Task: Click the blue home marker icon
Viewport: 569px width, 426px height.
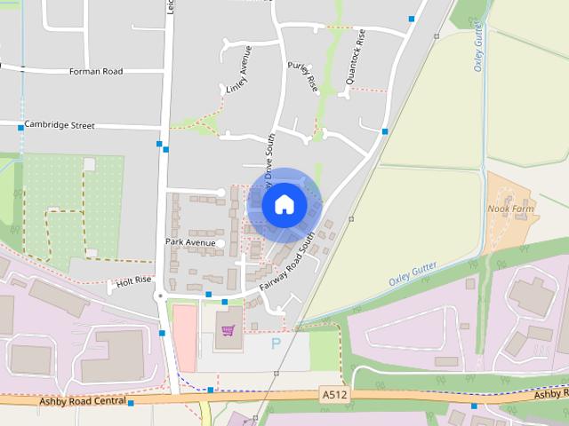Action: [284, 204]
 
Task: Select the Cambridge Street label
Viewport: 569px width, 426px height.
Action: [60, 126]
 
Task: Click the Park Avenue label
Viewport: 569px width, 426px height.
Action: [190, 241]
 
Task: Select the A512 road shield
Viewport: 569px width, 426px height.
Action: [334, 393]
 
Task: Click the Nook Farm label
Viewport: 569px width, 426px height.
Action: [509, 209]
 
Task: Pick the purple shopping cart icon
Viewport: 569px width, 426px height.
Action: [228, 331]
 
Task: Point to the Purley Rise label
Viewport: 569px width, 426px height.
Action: [302, 76]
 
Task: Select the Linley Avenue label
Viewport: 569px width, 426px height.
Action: [239, 68]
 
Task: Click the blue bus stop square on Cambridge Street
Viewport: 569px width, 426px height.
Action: [20, 129]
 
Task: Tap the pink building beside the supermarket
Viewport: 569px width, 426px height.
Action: [184, 338]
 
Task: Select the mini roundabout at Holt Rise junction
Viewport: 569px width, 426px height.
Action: [160, 296]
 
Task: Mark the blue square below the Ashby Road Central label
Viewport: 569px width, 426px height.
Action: [131, 404]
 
